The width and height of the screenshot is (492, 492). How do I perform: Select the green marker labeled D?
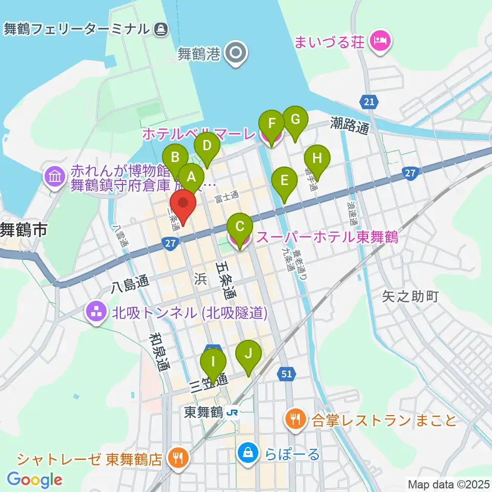(x=207, y=146)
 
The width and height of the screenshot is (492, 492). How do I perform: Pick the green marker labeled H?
(x=317, y=158)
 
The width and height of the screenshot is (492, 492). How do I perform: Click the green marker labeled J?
(x=249, y=354)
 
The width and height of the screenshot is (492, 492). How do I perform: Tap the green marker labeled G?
(x=295, y=120)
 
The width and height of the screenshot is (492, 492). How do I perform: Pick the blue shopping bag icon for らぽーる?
(x=248, y=453)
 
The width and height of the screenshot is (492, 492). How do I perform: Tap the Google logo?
(x=34, y=480)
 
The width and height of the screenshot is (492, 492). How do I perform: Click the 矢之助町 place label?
(x=411, y=296)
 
